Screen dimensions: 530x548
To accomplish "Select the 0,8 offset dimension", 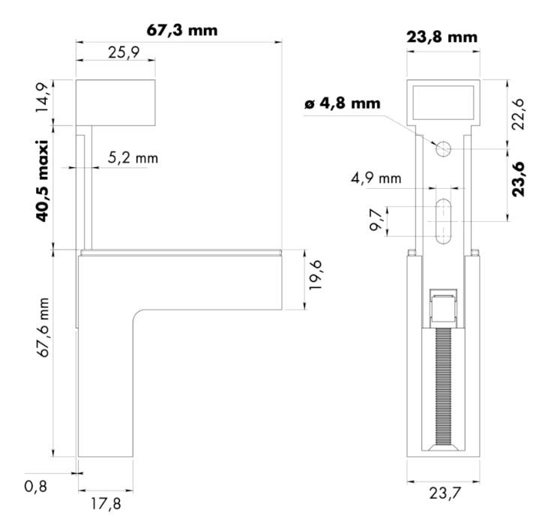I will [37, 487].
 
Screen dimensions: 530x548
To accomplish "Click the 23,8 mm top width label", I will [442, 37].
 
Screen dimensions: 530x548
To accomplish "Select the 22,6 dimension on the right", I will [519, 113].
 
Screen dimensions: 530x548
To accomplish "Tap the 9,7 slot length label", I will [376, 221].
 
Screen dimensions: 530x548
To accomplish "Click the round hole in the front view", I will [443, 148].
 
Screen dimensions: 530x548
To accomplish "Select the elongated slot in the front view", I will [443, 221].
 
